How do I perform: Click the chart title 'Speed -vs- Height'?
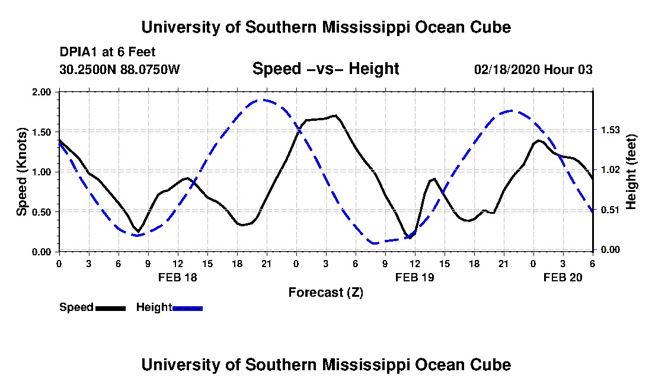coord(325,69)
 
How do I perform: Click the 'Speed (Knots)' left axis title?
coord(22,172)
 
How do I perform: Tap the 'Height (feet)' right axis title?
coord(631,172)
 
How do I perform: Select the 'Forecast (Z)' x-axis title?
coord(325,292)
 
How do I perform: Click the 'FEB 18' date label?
coord(177,277)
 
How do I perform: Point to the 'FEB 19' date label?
coord(414,277)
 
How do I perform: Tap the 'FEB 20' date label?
coord(563,277)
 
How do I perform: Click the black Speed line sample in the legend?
coord(110,308)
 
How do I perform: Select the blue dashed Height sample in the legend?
coord(187,308)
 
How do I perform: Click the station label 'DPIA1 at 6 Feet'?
coord(108,52)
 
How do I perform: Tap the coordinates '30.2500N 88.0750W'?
coord(120,69)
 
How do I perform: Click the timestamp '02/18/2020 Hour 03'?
coord(533,69)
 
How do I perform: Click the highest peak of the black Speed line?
coord(335,115)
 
